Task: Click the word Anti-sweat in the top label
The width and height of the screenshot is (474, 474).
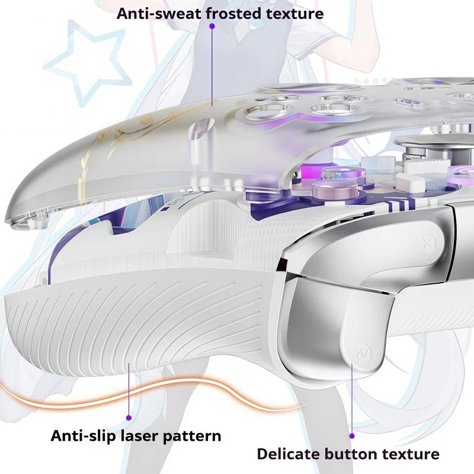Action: (x=162, y=14)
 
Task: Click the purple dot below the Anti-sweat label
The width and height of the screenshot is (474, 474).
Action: (x=212, y=26)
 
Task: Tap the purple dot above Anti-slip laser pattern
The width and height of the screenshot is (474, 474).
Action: (x=129, y=418)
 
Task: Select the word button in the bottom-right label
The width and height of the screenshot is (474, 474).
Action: (x=351, y=454)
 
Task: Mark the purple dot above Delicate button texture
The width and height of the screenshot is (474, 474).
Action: (x=352, y=436)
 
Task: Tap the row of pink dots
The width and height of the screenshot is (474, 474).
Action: (x=371, y=81)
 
